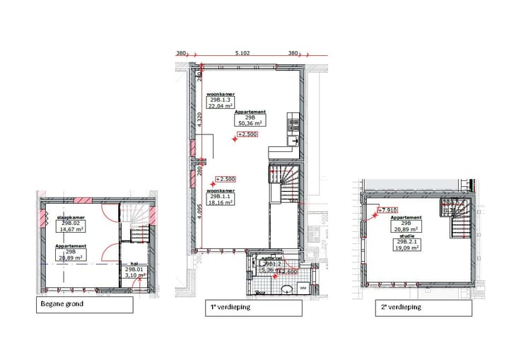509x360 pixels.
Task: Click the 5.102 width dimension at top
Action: pos(242,53)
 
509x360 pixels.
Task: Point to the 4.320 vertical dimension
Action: pos(200,120)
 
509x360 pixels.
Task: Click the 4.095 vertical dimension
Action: pos(200,213)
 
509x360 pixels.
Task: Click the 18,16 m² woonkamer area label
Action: pos(220,202)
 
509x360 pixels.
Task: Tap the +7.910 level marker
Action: pos(387,209)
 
